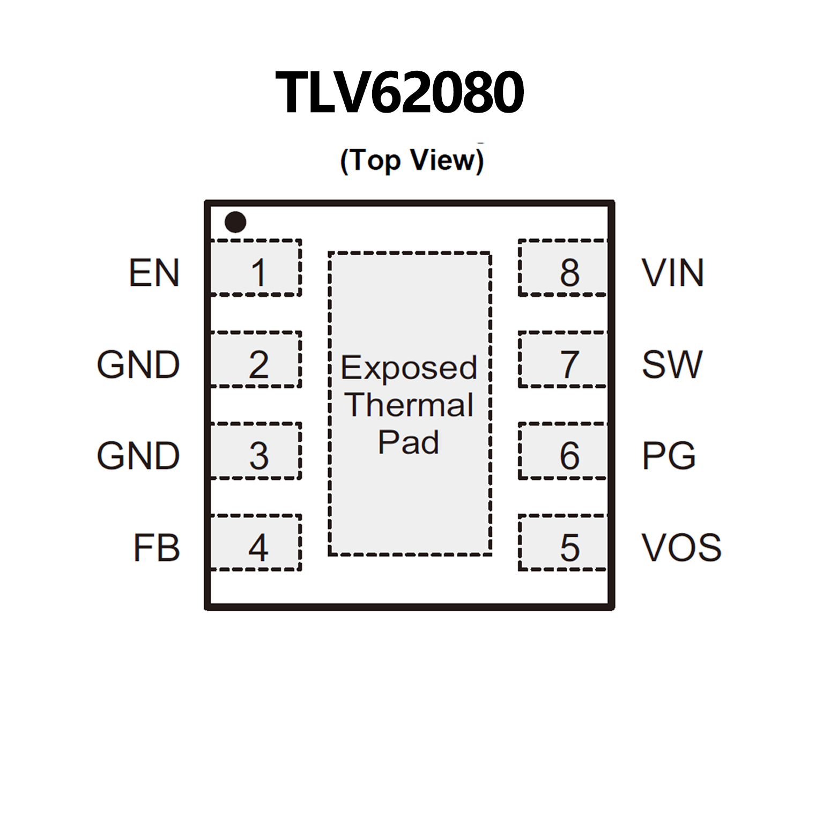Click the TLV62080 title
point(399,93)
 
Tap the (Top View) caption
point(412,160)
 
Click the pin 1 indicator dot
point(235,222)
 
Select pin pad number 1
point(256,268)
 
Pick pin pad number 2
point(256,360)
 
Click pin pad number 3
point(256,451)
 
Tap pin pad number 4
point(256,543)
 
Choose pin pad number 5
point(563,543)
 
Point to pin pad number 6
point(563,451)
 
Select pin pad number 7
point(563,360)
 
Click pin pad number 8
point(563,268)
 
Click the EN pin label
point(154,273)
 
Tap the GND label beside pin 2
point(138,365)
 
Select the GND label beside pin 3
point(138,456)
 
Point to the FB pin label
point(156,548)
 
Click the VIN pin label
point(672,273)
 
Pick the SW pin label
point(672,365)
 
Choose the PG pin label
point(669,456)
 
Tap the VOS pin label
point(681,548)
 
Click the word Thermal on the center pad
point(409,405)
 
